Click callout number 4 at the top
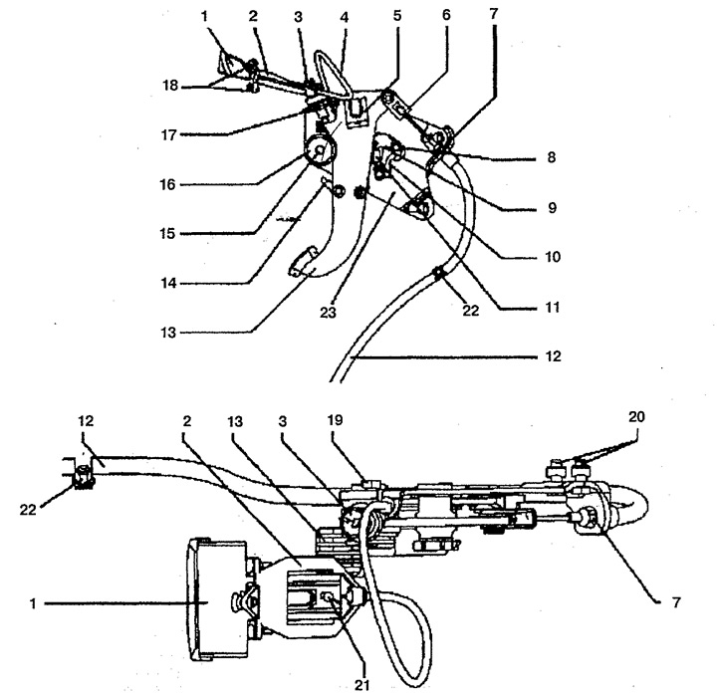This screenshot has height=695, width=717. tap(345, 18)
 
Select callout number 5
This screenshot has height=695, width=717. tap(397, 16)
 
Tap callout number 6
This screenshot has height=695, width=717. tap(446, 15)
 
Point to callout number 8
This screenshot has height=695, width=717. tap(552, 157)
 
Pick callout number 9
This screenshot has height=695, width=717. tap(552, 207)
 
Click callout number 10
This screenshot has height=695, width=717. tap(553, 257)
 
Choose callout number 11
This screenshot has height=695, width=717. tap(553, 307)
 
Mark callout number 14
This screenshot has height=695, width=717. tap(168, 284)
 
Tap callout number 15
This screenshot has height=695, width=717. tap(168, 234)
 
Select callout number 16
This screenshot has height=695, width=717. tap(167, 184)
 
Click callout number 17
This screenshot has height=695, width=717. tap(168, 134)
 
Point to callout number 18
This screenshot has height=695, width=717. tap(170, 85)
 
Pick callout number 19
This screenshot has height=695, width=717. tap(336, 420)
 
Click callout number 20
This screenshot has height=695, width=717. tap(636, 416)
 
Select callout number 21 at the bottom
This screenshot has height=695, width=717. tap(361, 685)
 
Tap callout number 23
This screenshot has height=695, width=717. tap(328, 313)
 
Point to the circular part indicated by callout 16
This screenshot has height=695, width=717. tap(320, 151)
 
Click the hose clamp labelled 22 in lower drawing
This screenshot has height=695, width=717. tap(83, 477)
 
